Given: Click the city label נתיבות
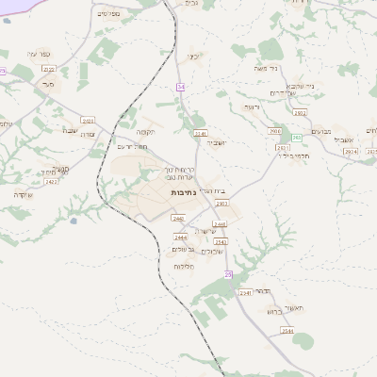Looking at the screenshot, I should [x=183, y=192].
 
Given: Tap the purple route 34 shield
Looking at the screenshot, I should [x=180, y=87].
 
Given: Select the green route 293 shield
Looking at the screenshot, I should [x=296, y=138].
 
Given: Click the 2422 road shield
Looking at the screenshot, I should [x=51, y=181].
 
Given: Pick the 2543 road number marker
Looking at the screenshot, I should [x=221, y=242].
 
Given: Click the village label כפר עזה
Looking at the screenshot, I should [x=39, y=54].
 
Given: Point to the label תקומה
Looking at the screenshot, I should [x=147, y=132].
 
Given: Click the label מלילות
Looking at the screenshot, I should [x=184, y=267].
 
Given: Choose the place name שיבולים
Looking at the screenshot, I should [x=211, y=251].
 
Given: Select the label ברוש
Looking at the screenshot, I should [x=273, y=310].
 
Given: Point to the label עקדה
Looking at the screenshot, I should [x=23, y=194].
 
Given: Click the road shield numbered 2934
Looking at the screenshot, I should [x=350, y=151].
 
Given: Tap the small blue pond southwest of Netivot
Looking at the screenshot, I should [x=74, y=221].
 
